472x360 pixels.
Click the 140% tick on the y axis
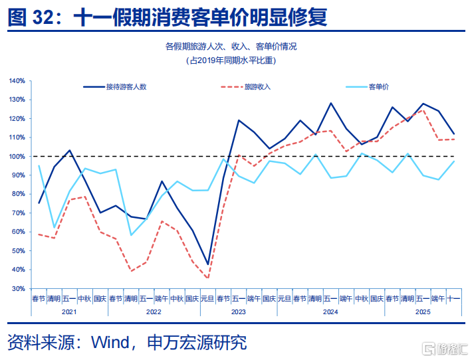(17, 81)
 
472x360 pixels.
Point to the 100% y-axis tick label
(17, 157)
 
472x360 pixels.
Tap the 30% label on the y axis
(18, 289)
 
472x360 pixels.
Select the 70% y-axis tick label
(18, 213)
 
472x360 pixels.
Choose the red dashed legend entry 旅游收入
(257, 86)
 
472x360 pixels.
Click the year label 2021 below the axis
(69, 311)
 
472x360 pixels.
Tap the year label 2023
(239, 311)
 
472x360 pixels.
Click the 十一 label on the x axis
(453, 299)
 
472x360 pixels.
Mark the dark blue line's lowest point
(208, 265)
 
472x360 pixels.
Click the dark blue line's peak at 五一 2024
(330, 103)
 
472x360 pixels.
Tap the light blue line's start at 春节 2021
(39, 165)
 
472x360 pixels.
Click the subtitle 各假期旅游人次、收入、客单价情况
(231, 46)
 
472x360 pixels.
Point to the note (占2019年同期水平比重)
(231, 60)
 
